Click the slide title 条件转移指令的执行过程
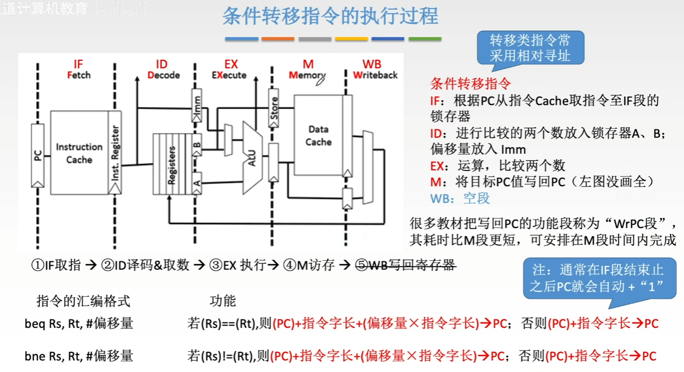330,16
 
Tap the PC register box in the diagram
38,155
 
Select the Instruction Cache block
79,152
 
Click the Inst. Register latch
115,152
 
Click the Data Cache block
318,135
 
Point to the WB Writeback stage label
375,69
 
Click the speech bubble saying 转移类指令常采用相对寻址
529,47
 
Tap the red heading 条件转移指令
470,84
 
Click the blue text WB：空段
460,198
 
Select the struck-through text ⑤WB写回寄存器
405,265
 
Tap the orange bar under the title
278,39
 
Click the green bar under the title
425,39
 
